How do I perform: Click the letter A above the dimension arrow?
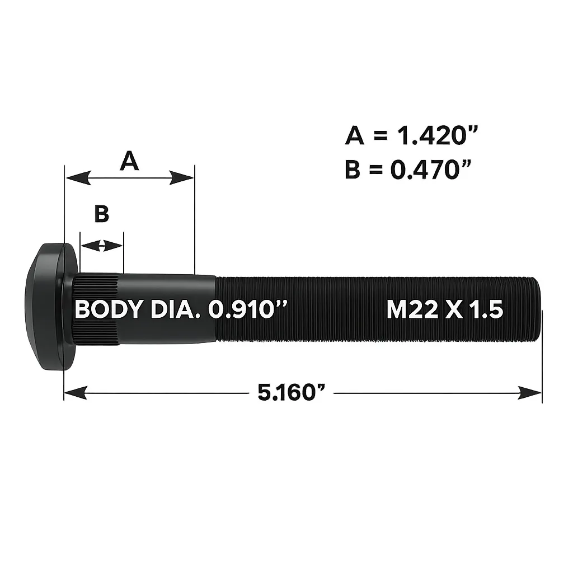point(129,162)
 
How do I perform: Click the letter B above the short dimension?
point(102,214)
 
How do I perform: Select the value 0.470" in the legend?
point(430,169)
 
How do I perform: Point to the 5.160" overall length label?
point(291,392)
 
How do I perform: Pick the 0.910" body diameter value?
point(247,309)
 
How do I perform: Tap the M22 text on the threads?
point(412,310)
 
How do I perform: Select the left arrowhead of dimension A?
point(78,178)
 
